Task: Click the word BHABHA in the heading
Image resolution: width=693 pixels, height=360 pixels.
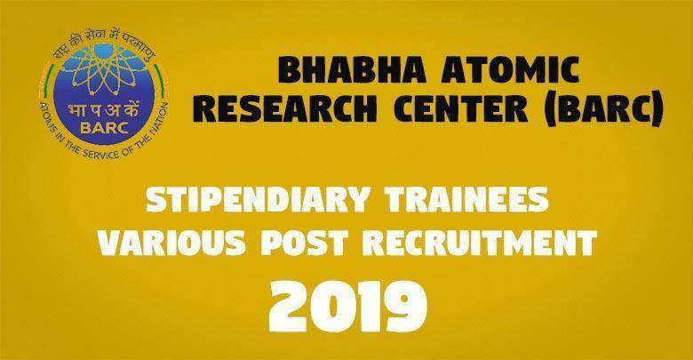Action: [352, 71]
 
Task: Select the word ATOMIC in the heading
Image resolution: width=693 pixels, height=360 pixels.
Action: [510, 71]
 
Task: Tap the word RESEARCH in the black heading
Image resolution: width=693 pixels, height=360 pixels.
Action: [285, 108]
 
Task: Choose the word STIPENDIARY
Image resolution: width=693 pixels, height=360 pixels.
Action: [258, 199]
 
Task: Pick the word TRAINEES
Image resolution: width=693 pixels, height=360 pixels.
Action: [467, 199]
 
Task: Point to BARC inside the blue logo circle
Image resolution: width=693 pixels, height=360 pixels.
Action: [104, 128]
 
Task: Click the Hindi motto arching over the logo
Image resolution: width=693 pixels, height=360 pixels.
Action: [105, 42]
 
